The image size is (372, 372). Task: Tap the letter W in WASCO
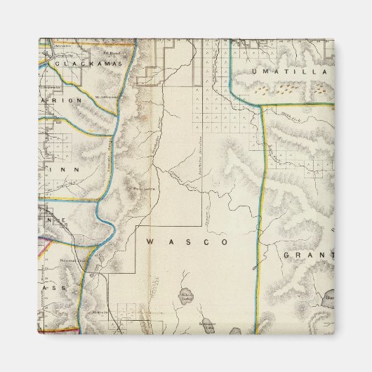coord(151,241)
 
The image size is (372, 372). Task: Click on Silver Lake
coord(187,295)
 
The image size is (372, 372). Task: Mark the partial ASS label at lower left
coord(53,288)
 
